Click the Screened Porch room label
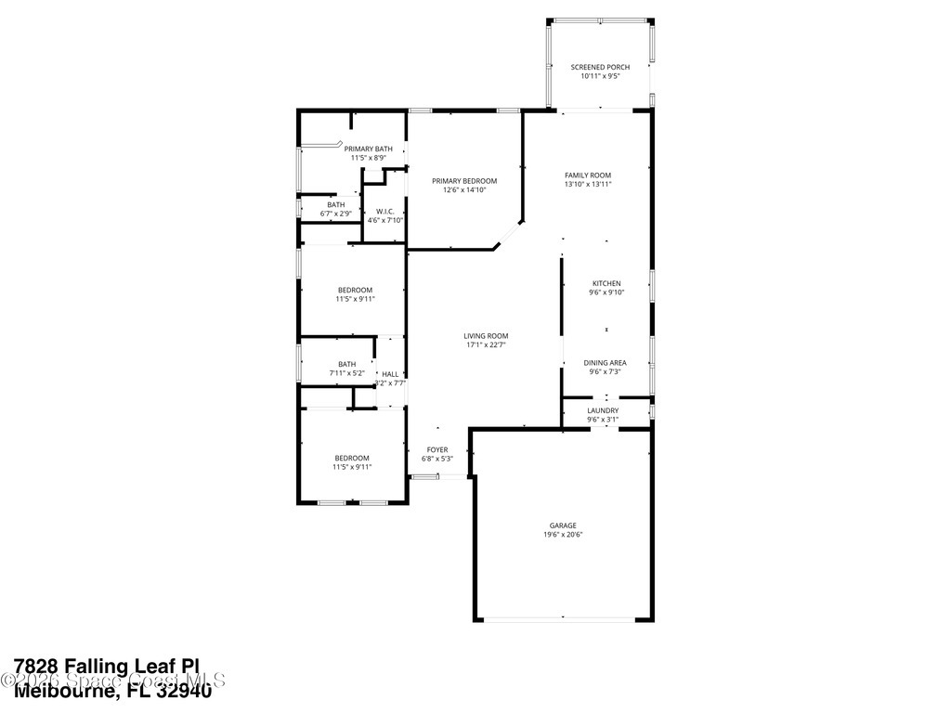(600, 67)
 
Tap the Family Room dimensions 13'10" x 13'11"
(588, 184)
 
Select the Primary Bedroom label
(464, 181)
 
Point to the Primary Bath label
(368, 149)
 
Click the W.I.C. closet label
(385, 212)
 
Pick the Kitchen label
(606, 283)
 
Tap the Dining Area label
(605, 363)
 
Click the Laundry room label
(603, 410)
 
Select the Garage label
(563, 525)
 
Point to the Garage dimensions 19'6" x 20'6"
(563, 534)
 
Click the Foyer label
(436, 450)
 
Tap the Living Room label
(486, 336)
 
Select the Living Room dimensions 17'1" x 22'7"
(486, 345)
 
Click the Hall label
(390, 374)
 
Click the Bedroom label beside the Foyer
(352, 458)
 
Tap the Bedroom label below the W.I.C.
(355, 290)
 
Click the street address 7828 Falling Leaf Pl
(107, 666)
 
